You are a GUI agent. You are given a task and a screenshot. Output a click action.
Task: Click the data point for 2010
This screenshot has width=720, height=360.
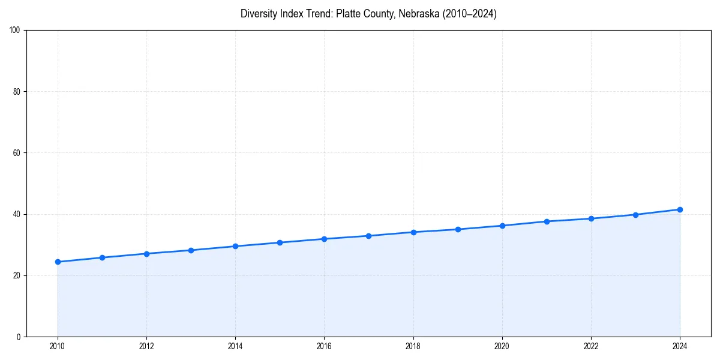[58, 262]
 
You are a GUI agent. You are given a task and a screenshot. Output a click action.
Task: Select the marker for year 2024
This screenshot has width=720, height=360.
[680, 209]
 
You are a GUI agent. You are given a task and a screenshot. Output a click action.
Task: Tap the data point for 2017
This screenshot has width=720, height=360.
[368, 236]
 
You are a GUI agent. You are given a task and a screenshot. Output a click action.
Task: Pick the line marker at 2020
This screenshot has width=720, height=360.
[502, 226]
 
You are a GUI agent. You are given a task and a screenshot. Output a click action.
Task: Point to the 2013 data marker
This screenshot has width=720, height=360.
[191, 250]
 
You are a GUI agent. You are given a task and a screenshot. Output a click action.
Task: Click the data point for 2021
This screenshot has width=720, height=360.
[547, 221]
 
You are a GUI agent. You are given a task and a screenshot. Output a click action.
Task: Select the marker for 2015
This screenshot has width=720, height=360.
[280, 242]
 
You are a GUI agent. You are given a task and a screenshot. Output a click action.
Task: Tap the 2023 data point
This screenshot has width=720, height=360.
[635, 215]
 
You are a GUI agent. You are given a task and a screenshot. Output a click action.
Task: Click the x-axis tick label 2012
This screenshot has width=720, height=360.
[146, 346]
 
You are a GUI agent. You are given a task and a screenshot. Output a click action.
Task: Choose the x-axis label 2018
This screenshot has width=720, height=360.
[413, 346]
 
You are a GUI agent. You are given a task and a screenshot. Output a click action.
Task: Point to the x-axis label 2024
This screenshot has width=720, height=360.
[680, 346]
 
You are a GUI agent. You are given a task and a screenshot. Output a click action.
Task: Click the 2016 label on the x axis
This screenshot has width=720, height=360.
[324, 346]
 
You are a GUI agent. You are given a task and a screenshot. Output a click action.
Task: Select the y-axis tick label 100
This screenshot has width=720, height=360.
[15, 30]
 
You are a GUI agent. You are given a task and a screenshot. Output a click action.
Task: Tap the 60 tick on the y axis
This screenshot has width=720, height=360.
[17, 153]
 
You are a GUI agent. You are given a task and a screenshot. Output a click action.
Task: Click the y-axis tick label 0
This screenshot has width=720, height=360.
[19, 337]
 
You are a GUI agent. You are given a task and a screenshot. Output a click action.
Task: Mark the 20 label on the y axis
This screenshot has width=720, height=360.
[17, 275]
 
